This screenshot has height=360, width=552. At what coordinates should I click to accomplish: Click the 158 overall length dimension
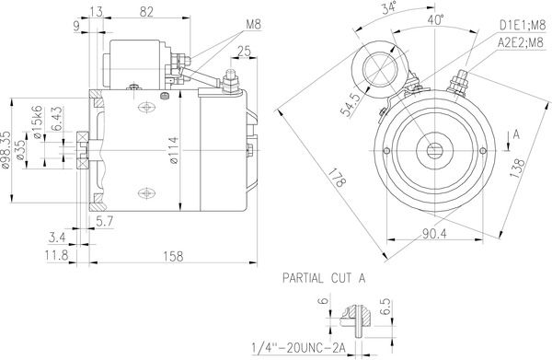click(x=173, y=256)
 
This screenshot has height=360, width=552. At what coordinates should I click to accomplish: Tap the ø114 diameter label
click(x=174, y=150)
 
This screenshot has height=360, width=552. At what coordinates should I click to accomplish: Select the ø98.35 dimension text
click(x=6, y=150)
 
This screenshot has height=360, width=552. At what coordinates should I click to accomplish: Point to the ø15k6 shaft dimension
click(x=37, y=122)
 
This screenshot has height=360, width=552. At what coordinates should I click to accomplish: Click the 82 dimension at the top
click(x=147, y=12)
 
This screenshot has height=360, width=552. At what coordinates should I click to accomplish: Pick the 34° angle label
click(x=388, y=7)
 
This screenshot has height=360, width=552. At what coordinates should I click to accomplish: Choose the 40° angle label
click(x=436, y=20)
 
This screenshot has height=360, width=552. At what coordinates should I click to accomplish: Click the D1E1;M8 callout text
click(x=523, y=25)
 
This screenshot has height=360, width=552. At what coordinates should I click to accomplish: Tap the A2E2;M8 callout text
click(x=521, y=42)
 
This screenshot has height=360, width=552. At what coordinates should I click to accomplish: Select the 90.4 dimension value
click(x=434, y=233)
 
